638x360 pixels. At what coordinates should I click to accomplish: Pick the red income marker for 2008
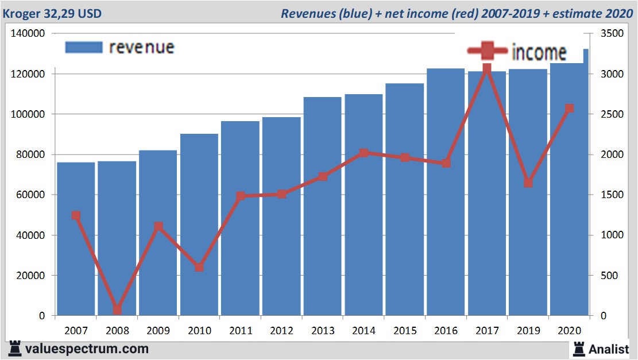[117, 309]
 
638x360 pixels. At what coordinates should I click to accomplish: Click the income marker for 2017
[487, 69]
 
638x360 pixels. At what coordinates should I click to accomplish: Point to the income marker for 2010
[199, 267]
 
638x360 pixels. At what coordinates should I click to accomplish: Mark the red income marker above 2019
[528, 183]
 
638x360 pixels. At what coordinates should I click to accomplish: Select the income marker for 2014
[364, 153]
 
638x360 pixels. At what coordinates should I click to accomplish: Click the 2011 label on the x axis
[240, 331]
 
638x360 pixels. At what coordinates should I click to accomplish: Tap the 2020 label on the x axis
[569, 331]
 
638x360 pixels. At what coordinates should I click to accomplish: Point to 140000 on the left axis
[28, 34]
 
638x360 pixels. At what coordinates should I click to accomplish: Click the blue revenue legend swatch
[84, 47]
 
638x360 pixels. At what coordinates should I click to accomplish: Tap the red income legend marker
[487, 52]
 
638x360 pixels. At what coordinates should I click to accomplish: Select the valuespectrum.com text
[87, 349]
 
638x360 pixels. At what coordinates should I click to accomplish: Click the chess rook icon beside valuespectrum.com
[15, 349]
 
